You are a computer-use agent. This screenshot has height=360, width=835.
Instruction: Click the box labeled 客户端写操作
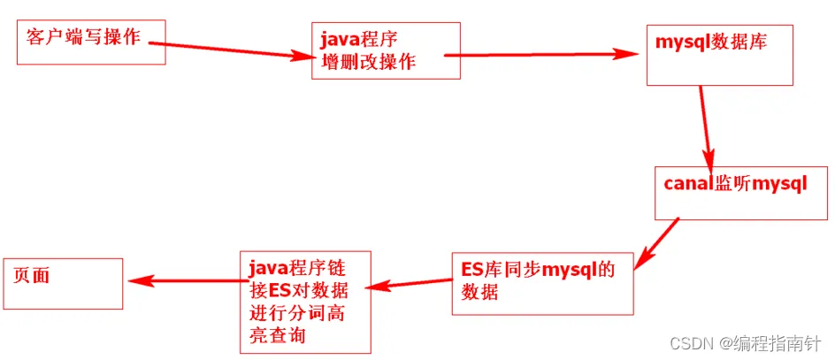89,43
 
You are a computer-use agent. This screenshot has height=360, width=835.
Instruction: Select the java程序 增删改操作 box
386,50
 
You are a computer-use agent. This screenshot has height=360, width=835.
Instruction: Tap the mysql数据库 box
719,55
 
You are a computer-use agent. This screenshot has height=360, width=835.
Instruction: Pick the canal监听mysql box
739,193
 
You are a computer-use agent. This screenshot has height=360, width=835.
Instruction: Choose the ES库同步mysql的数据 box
542,282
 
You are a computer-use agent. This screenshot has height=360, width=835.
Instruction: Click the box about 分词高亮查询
305,303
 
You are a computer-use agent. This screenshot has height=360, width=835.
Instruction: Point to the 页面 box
62,283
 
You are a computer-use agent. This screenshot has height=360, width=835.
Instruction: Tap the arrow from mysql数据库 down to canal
706,124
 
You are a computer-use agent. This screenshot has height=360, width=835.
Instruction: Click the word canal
682,184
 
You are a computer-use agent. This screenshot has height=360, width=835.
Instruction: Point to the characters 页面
33,275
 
